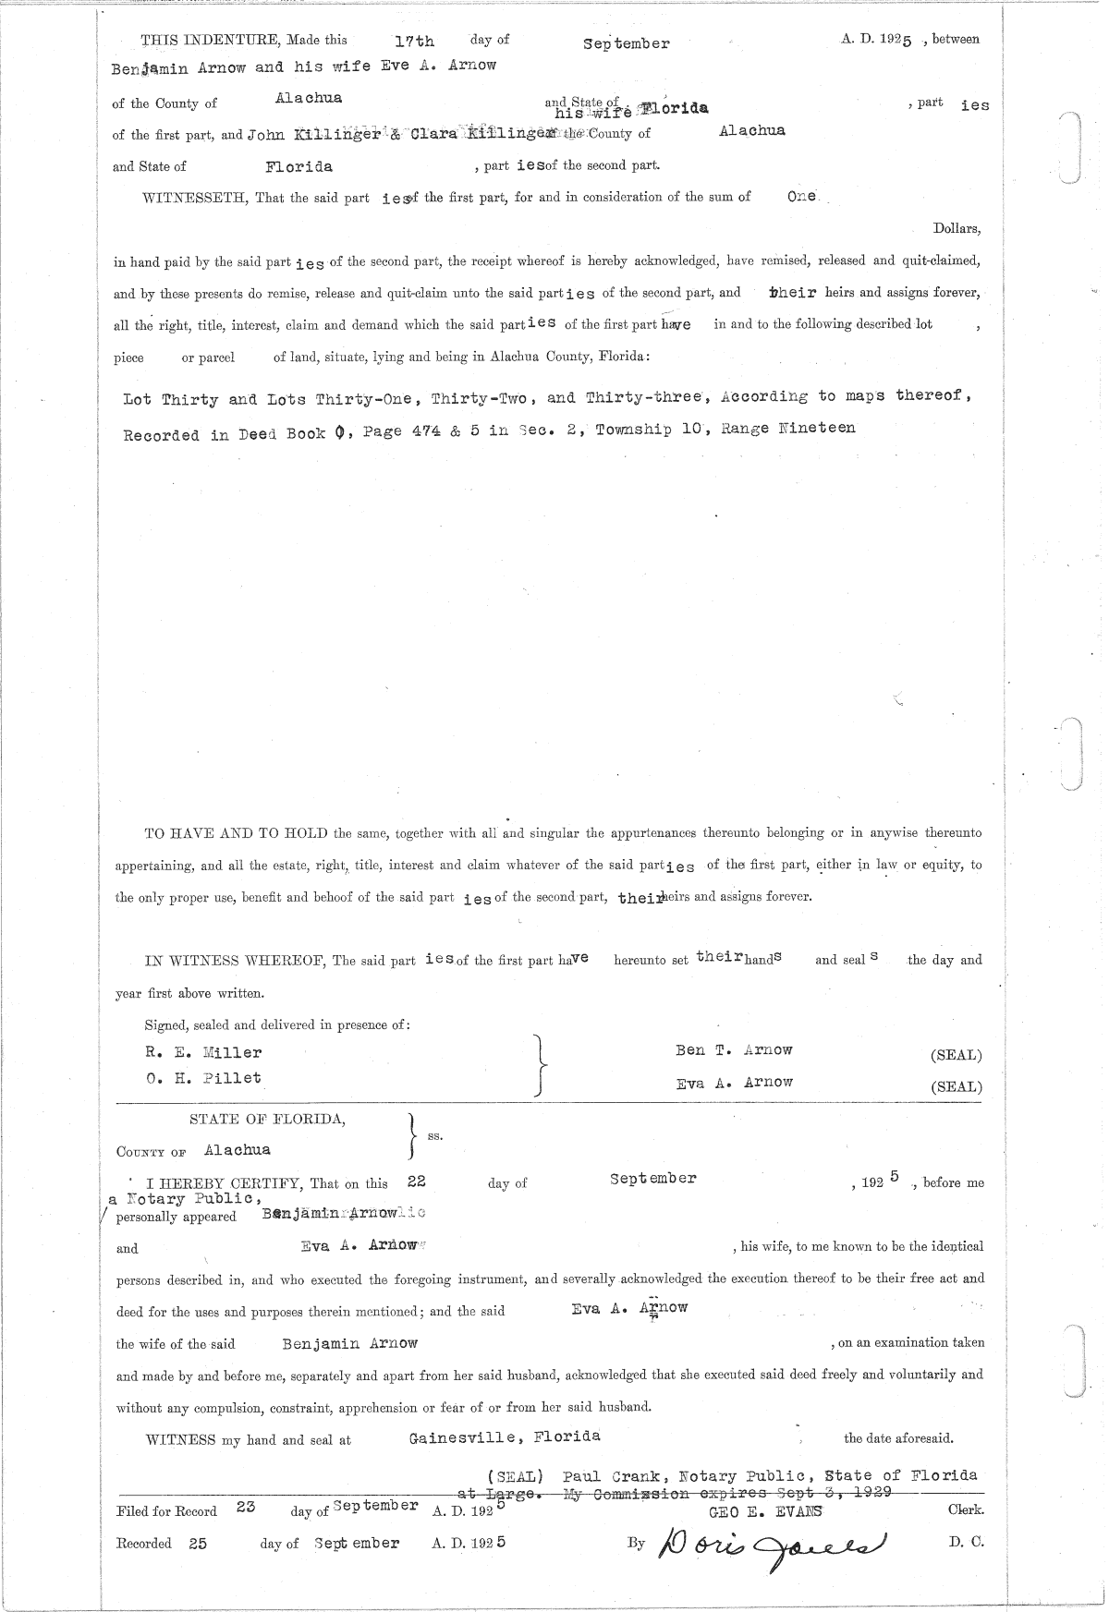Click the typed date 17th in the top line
413,42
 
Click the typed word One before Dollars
801,197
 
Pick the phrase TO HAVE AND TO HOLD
236,833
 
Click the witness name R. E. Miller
203,1052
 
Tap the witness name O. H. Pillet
203,1078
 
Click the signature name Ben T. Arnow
734,1050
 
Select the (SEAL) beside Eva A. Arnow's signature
956,1086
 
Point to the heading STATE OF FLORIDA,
268,1120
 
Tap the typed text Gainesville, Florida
505,1436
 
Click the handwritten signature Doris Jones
772,1544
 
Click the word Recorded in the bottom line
144,1544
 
